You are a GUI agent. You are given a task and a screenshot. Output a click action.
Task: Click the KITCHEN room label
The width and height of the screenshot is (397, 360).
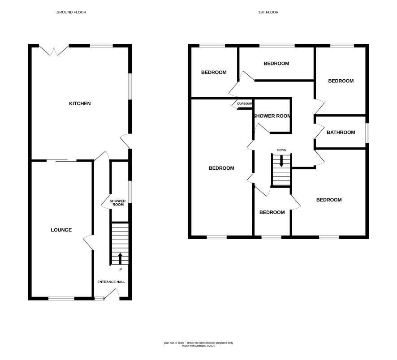point(80,103)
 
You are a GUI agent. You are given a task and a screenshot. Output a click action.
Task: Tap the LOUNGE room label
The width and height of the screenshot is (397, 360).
point(61,230)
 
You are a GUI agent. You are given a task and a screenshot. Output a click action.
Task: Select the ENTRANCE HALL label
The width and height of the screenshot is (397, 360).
point(112,282)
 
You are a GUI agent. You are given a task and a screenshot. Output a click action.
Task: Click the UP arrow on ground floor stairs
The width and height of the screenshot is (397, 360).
point(120,258)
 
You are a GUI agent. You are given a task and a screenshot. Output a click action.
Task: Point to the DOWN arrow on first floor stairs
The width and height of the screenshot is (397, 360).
point(281,161)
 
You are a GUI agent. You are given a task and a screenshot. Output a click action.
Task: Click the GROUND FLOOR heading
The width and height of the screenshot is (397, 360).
point(71,12)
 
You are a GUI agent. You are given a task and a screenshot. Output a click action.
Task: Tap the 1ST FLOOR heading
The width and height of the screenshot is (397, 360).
point(268,12)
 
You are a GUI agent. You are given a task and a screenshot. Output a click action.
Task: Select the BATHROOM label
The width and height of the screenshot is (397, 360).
point(341,132)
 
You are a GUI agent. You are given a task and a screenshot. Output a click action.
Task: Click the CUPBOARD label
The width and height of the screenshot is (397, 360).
point(245,104)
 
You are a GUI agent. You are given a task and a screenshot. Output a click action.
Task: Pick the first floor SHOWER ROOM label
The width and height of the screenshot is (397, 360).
point(272,116)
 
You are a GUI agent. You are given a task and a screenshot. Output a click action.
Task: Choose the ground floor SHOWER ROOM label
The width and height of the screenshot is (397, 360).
point(118,203)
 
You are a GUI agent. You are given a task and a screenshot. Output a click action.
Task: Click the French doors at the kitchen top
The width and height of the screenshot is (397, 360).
point(54,50)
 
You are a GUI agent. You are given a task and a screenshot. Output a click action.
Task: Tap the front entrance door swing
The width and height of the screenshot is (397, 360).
point(112,294)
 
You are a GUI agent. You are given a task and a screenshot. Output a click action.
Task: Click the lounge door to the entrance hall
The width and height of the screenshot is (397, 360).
point(88,242)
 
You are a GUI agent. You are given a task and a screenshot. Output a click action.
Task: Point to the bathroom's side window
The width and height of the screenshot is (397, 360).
point(367,133)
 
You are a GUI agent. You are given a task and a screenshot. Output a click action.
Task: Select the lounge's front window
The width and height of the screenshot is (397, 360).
point(61,299)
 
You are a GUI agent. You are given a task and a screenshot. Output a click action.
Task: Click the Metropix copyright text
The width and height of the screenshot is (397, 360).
point(198,346)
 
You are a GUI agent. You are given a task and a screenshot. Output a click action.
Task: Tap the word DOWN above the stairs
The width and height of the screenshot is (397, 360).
point(281,150)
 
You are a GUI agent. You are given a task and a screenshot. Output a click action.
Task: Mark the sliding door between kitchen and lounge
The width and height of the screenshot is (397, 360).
point(61,160)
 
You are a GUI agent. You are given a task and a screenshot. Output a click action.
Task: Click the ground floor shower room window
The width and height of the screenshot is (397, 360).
point(130,192)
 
